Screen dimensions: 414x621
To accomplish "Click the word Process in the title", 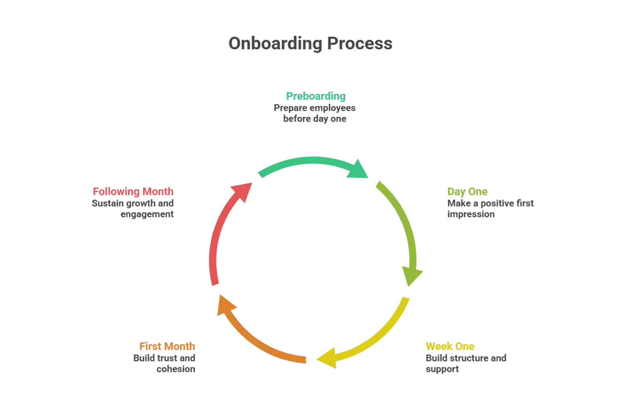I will click(359, 43).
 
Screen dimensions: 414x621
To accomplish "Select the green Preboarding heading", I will click(316, 96).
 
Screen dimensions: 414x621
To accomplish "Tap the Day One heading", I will click(467, 192).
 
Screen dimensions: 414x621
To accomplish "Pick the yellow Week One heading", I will click(450, 346).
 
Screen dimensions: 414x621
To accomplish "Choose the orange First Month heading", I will click(167, 346).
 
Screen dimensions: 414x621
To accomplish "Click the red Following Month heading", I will click(133, 192).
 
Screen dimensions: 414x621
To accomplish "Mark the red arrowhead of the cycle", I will click(242, 190).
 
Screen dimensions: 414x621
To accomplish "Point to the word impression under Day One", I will click(471, 215).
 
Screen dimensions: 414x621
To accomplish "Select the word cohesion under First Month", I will click(176, 370).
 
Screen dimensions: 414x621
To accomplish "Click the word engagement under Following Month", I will click(147, 215).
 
